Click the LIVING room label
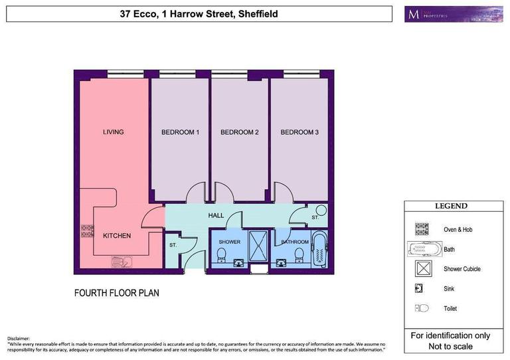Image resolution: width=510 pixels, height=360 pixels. coord(113,132)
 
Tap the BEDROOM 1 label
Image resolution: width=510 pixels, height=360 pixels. coord(180,132)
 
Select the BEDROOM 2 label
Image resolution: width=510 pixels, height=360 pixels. coord(239,132)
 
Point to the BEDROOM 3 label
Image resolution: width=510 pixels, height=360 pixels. coord(299,132)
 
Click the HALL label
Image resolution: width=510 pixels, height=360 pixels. coord(216,216)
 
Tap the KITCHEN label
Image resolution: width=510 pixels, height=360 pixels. coord(116,236)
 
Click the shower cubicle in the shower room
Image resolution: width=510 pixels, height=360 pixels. coord(257,246)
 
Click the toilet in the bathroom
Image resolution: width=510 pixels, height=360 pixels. coord(299,254)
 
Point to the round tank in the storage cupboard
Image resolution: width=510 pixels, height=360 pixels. coord(316,211)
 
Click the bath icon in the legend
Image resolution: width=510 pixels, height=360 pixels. coord(423,249)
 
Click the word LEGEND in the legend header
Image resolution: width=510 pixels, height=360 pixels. coord(451,207)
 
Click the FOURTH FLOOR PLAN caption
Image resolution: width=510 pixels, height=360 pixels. coord(116,292)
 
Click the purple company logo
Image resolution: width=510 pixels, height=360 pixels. coord(453,14)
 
